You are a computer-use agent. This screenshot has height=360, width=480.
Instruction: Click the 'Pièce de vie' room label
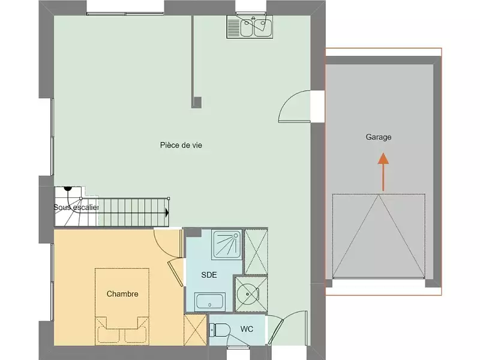click(181, 145)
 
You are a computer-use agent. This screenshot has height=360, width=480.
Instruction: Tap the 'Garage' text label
click(379, 137)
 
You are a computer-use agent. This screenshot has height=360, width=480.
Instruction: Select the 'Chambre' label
click(122, 294)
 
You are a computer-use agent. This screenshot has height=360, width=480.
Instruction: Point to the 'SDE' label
click(209, 275)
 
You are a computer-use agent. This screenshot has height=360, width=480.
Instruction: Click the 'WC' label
click(247, 329)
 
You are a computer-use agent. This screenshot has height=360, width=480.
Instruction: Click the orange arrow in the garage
click(383, 171)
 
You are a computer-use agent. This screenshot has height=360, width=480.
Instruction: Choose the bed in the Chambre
click(122, 305)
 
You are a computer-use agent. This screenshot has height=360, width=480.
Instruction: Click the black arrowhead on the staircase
click(167, 212)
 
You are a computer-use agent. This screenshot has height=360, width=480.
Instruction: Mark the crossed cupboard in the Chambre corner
click(195, 330)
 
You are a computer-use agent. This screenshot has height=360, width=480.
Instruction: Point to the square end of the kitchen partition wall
click(196, 101)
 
